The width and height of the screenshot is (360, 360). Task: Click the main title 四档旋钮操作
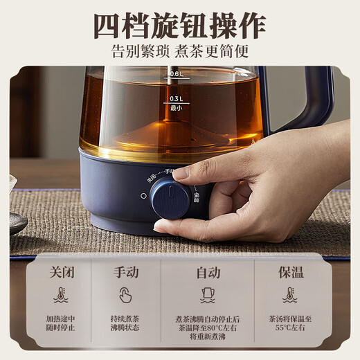point(179,26)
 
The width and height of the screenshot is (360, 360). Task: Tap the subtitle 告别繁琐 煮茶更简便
point(179,51)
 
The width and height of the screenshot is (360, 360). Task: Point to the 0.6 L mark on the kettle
point(175,74)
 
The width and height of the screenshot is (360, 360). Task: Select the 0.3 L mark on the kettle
point(175,98)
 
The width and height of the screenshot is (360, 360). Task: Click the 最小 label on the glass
point(175,108)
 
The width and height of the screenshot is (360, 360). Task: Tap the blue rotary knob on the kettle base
point(170,199)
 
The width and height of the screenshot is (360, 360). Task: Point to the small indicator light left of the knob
point(143,196)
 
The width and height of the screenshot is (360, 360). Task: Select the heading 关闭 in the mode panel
point(61,272)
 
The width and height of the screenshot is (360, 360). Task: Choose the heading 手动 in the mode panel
point(125,272)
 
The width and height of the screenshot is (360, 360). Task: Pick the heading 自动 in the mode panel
point(208,272)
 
